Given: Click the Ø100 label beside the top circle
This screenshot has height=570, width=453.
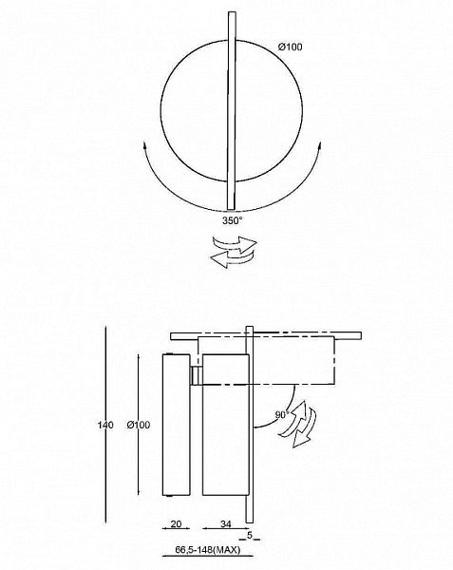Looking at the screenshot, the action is (x=290, y=47).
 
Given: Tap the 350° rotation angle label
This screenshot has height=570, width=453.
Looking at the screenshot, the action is (x=232, y=220).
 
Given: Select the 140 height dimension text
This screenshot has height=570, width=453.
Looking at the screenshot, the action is (x=105, y=425).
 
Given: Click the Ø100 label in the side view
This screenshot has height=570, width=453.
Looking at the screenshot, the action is (x=139, y=425).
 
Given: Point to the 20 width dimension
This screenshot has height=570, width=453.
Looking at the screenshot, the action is (x=176, y=523).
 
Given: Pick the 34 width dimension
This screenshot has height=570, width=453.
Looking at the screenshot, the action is (x=226, y=523).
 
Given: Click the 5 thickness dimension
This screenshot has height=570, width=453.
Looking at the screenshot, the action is (x=250, y=535).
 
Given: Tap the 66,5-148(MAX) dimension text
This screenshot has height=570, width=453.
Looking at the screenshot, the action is (x=208, y=550).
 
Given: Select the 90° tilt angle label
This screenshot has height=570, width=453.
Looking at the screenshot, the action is (x=282, y=414).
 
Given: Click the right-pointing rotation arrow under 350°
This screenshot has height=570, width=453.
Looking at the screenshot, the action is (x=235, y=244).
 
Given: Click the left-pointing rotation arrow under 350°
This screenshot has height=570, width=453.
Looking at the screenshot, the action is (x=232, y=259).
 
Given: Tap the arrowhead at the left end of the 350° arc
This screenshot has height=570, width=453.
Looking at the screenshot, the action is (x=144, y=146).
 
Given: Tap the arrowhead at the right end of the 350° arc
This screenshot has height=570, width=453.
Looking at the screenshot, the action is (x=319, y=146).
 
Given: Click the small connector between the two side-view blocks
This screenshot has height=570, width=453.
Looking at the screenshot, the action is (x=197, y=375).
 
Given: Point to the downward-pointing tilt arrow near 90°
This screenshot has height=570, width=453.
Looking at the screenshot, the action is (x=305, y=428).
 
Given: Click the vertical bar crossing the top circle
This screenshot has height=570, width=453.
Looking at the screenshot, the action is (x=232, y=110).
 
